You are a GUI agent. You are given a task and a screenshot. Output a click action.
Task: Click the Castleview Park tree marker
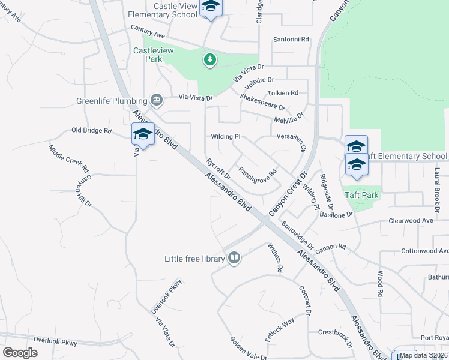(x=209, y=59)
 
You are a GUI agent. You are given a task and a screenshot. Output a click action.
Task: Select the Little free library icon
(x=234, y=258)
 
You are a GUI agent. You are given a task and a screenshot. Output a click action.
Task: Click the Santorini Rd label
(x=291, y=39)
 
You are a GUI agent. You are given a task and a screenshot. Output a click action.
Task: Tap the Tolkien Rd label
(x=283, y=93)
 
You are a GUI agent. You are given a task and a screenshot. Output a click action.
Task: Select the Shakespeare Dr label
(x=262, y=102)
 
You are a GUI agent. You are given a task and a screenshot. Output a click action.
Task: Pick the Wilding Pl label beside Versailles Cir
(x=225, y=136)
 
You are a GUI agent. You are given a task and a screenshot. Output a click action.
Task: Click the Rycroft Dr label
(x=218, y=169)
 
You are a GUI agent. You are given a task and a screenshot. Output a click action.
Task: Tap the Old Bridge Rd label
(x=92, y=130)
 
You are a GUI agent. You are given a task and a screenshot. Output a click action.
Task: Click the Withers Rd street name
(x=274, y=258)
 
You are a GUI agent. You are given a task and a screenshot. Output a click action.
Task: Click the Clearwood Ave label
(x=411, y=221)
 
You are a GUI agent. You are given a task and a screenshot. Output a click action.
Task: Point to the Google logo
(x=20, y=353)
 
